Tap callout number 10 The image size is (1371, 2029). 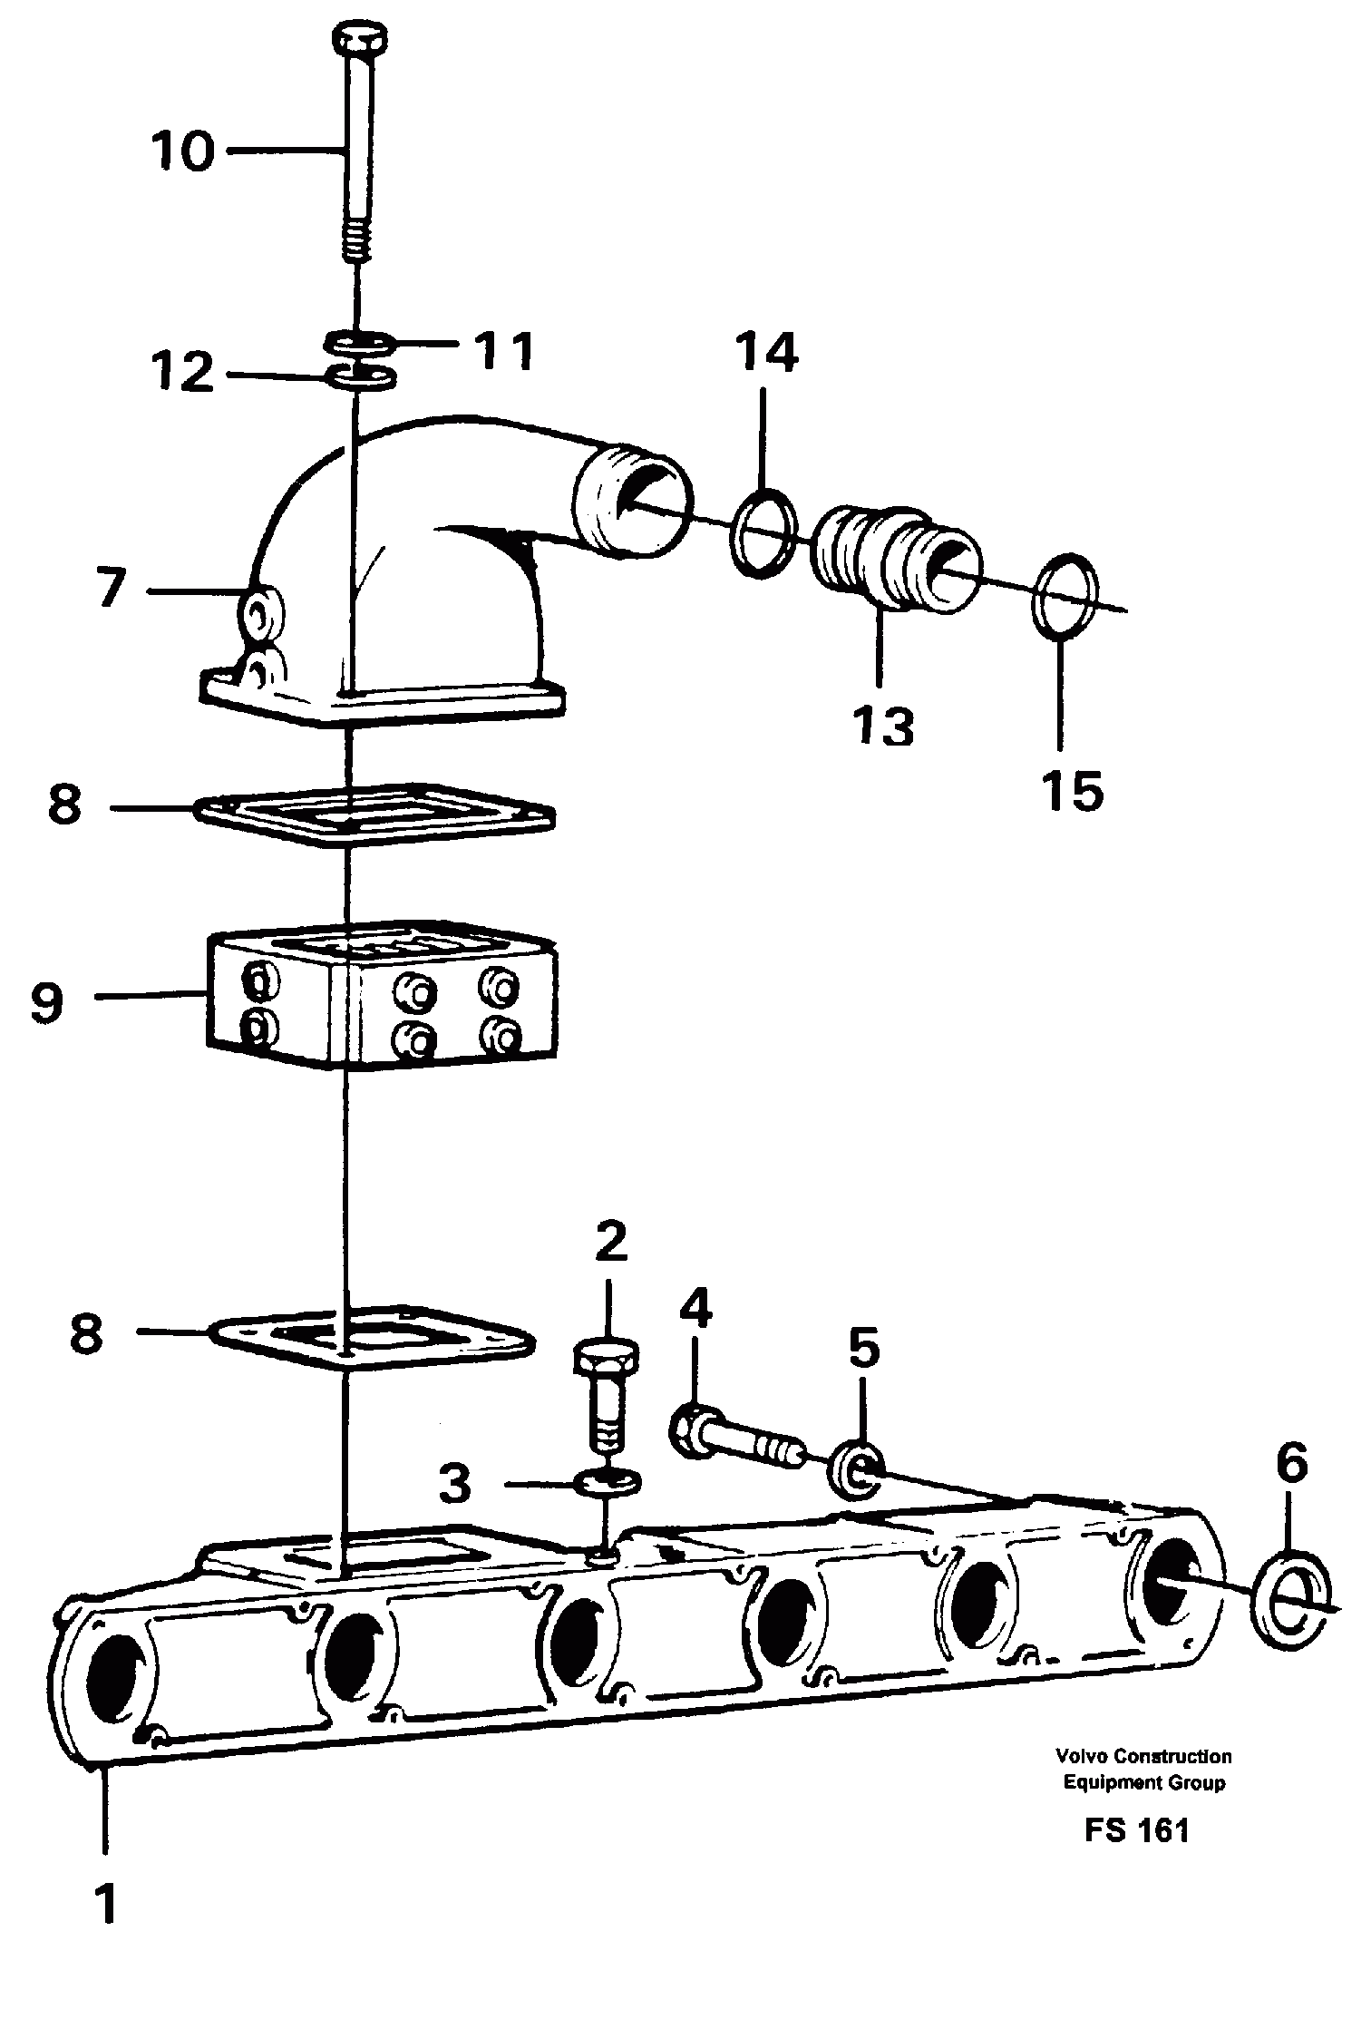coord(183,151)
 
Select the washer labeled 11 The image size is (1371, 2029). coord(358,344)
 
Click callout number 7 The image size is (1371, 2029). coord(111,589)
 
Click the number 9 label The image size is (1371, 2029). coord(46,1002)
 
